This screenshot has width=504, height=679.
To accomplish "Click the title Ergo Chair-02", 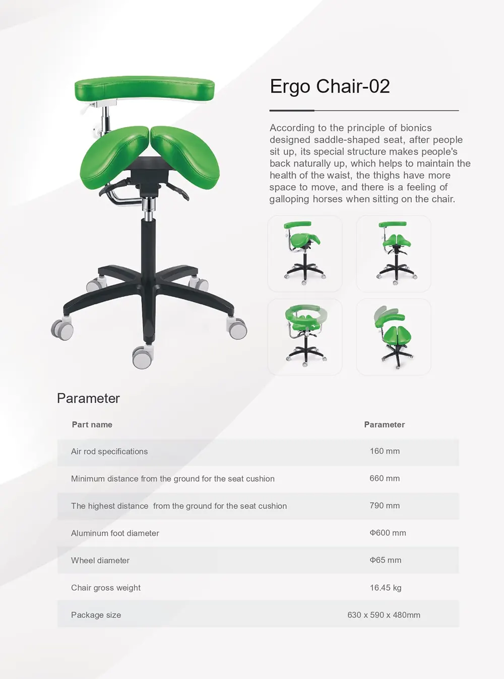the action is pos(330,86).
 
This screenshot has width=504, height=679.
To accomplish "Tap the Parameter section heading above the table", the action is pos(88,398).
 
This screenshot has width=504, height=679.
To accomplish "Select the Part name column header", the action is pos(92,424).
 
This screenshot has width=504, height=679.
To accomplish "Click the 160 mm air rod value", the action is pos(385,451).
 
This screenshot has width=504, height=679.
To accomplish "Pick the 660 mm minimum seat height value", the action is pos(385,478).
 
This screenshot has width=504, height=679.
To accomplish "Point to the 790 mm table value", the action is pos(385,506).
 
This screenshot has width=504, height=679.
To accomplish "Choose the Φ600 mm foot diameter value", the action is pos(388,533).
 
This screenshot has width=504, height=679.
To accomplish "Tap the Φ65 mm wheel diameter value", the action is pos(385,560).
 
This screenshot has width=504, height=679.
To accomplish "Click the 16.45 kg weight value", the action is pos(386,587).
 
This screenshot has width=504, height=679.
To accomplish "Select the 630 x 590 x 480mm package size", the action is pos(384,614).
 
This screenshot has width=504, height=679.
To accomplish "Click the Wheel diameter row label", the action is pos(100,560).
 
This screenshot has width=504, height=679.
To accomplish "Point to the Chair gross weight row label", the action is pos(106,588).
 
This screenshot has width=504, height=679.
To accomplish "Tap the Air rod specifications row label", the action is pos(109,452).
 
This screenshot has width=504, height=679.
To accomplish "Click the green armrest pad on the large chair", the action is pos(145,88).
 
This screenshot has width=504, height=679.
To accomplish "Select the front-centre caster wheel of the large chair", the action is pos(143,356).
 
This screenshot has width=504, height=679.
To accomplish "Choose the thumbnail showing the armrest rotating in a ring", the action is pos(304,337).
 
